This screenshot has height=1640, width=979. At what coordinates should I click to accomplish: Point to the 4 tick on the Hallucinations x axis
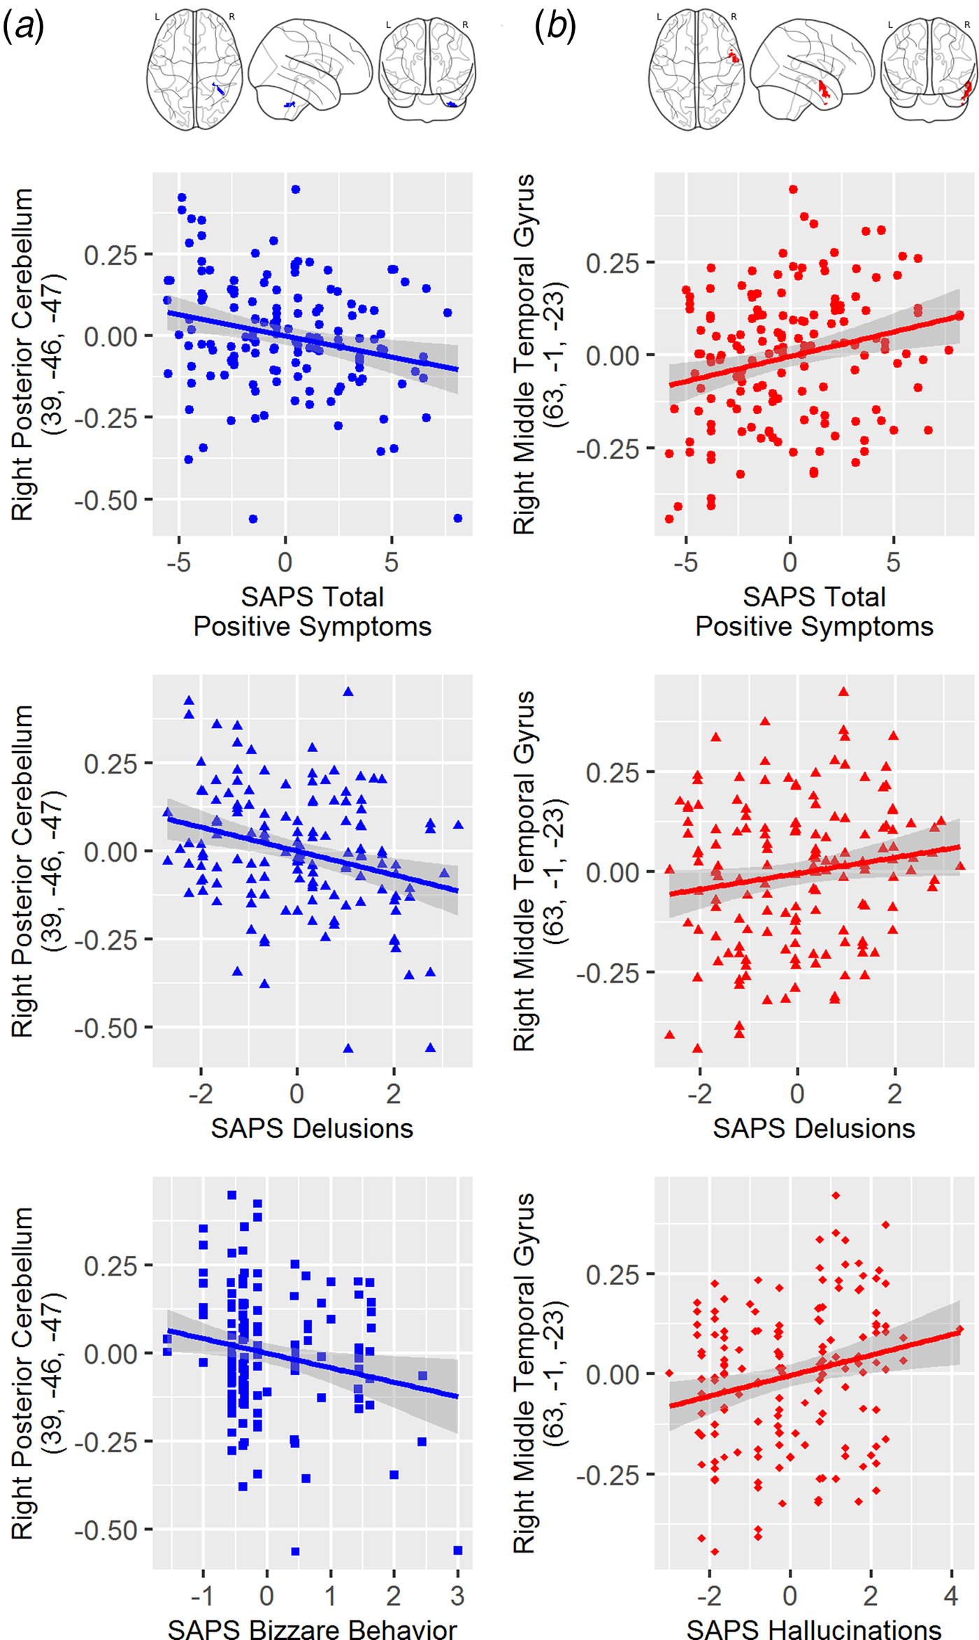point(951,1595)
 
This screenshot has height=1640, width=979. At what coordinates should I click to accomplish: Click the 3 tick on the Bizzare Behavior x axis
point(457,1595)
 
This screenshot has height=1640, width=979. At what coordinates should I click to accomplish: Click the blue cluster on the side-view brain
point(290,105)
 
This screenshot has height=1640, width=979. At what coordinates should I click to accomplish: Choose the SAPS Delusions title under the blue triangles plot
point(312,1128)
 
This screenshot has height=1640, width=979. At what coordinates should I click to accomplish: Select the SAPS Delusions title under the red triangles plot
point(814,1128)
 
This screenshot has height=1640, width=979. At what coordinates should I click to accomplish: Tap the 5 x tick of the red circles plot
point(893,562)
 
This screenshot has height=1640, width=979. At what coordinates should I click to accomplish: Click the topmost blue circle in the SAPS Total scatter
point(296,190)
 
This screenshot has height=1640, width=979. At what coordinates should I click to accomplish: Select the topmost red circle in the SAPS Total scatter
point(793,190)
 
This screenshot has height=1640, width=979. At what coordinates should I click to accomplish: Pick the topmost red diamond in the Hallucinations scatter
point(835,1196)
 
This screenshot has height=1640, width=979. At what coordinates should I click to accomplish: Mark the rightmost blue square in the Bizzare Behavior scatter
point(458,1550)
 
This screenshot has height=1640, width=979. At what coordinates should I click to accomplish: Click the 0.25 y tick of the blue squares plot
point(110,1265)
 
